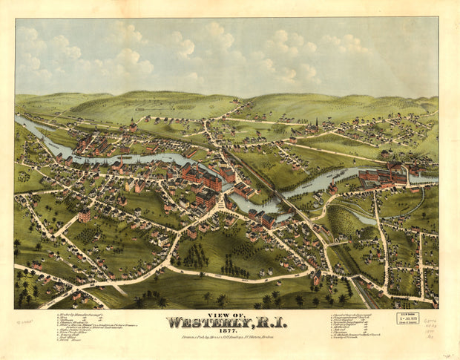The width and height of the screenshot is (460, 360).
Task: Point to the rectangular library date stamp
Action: point(407,318)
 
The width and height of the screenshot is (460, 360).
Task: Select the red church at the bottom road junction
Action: point(317,278)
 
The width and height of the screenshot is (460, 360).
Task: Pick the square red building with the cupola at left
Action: point(84,215)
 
